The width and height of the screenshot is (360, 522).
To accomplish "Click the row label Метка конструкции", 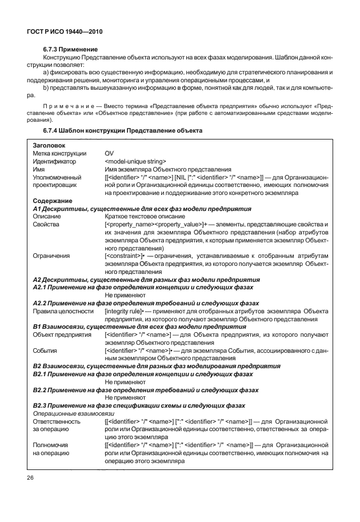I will click(x=59, y=154).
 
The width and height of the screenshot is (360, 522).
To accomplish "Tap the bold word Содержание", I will click(x=53, y=201).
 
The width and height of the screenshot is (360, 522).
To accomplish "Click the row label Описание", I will click(x=48, y=217).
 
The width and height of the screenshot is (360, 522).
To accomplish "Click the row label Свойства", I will click(x=47, y=225).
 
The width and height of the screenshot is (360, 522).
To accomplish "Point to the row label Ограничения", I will click(x=51, y=257).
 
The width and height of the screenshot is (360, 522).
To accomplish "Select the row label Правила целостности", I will click(x=63, y=312).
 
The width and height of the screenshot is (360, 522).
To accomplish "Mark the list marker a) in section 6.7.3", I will click(x=46, y=73).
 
